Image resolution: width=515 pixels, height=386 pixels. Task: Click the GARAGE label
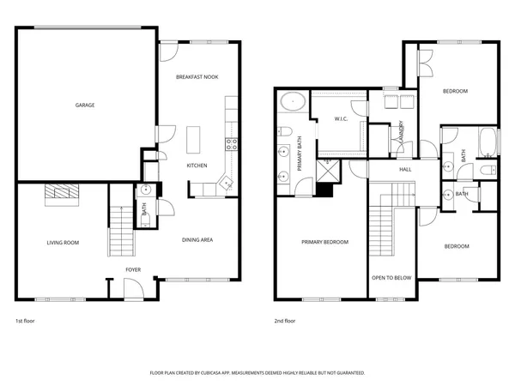pos(84,106)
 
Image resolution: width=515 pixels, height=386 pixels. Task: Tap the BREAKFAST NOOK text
pos(197,77)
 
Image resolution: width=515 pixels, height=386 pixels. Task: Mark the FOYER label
pos(133,269)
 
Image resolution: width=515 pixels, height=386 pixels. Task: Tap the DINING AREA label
pos(197,240)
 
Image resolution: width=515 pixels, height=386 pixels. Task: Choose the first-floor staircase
pos(121,232)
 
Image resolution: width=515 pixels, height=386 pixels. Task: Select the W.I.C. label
pos(340,119)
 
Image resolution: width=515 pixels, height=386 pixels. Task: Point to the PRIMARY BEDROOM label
pos(324,243)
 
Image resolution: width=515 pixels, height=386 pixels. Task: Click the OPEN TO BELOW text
pos(391,278)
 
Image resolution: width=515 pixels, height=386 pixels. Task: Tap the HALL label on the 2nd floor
pos(406,169)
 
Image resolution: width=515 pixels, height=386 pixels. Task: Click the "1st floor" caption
pos(25,321)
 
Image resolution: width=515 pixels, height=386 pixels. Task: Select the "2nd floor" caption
pos(285,321)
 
